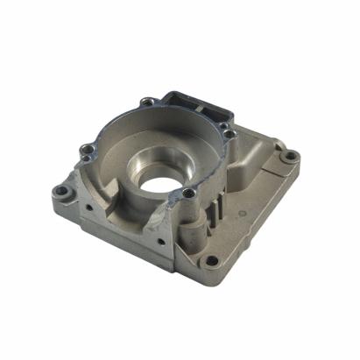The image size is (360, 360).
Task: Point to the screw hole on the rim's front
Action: pyautogui.click(x=189, y=194)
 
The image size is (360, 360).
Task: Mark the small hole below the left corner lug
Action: pyautogui.click(x=88, y=208)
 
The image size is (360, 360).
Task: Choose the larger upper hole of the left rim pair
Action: pyautogui.click(x=85, y=149)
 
